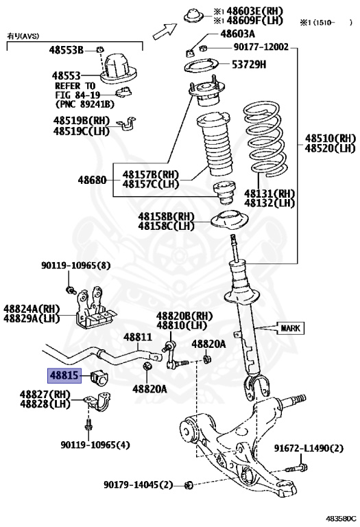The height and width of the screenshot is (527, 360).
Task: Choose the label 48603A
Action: click(x=238, y=34)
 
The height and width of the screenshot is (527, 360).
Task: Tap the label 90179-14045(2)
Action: click(x=139, y=484)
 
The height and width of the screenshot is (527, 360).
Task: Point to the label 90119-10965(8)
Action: click(x=75, y=266)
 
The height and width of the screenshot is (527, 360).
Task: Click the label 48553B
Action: click(x=66, y=50)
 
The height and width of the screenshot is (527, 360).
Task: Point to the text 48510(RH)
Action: click(x=330, y=137)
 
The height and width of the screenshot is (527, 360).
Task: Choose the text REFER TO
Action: click(x=75, y=86)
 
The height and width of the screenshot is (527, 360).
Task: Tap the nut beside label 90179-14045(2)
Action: click(x=190, y=485)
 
